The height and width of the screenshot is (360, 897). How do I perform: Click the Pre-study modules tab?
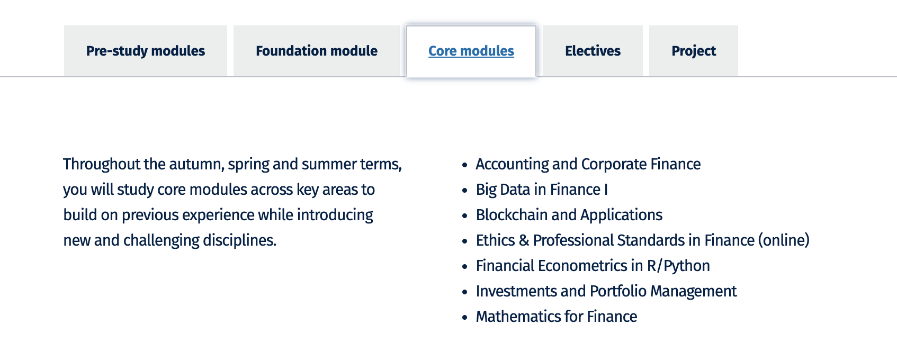[146, 51]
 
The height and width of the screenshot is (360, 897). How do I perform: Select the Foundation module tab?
[316, 51]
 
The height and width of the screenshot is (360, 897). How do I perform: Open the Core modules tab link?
[471, 51]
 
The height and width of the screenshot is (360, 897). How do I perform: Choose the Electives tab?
[593, 51]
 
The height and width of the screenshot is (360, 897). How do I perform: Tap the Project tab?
[694, 51]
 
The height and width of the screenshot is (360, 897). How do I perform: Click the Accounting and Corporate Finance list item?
[588, 164]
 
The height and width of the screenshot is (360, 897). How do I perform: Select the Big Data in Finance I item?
[541, 190]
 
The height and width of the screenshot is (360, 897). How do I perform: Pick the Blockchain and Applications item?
[569, 215]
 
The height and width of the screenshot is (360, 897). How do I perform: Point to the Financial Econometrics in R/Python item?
[593, 266]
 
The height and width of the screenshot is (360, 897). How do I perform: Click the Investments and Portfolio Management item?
[606, 291]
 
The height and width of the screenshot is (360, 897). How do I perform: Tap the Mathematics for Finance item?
[556, 317]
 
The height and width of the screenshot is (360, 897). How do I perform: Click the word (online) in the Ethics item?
[784, 240]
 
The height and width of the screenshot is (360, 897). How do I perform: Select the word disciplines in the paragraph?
[239, 240]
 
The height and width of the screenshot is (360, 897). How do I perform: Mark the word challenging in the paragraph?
[162, 241]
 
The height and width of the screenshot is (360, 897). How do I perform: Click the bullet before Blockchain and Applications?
[464, 216]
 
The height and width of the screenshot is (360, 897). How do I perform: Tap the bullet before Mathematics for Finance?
[464, 318]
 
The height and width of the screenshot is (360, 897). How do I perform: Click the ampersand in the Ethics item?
[524, 240]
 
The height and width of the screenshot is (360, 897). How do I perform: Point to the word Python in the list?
[686, 266]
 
